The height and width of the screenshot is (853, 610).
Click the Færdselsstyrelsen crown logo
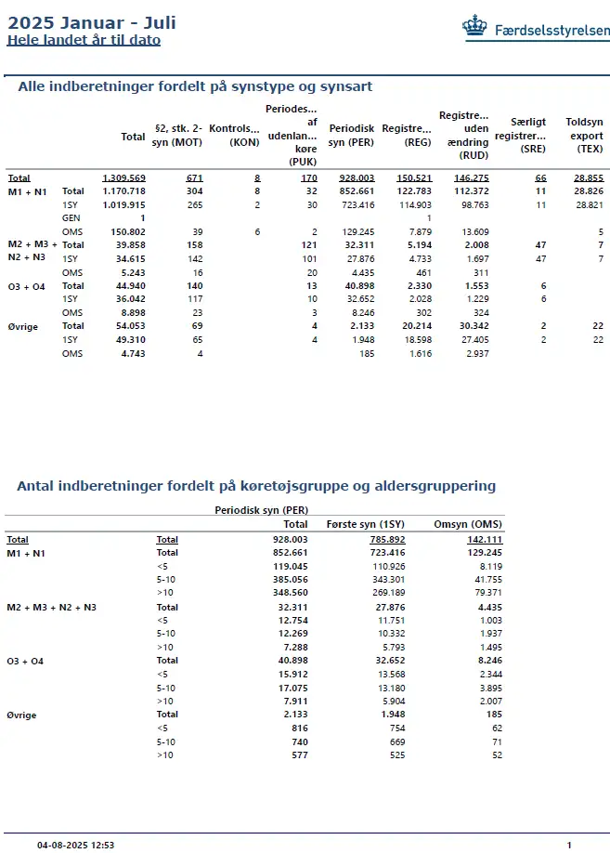point(475,28)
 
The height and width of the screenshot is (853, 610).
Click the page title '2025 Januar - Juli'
point(91,23)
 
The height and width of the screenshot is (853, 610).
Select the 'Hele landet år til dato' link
point(84,40)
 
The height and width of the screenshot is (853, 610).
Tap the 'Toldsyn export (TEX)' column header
point(584,135)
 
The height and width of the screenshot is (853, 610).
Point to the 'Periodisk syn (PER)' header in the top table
point(351,135)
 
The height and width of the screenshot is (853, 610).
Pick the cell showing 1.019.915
point(123,204)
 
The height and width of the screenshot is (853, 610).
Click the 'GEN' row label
point(70,217)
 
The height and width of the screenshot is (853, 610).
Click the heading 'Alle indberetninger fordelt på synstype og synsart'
point(195,86)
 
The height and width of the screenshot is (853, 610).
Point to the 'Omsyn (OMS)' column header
point(468,524)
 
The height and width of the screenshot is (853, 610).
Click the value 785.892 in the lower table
point(387,539)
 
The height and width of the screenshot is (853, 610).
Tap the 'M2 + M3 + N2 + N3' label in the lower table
point(52,607)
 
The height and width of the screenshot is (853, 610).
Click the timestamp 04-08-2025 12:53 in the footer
point(76,846)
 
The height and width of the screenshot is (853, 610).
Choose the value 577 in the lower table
point(296,755)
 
